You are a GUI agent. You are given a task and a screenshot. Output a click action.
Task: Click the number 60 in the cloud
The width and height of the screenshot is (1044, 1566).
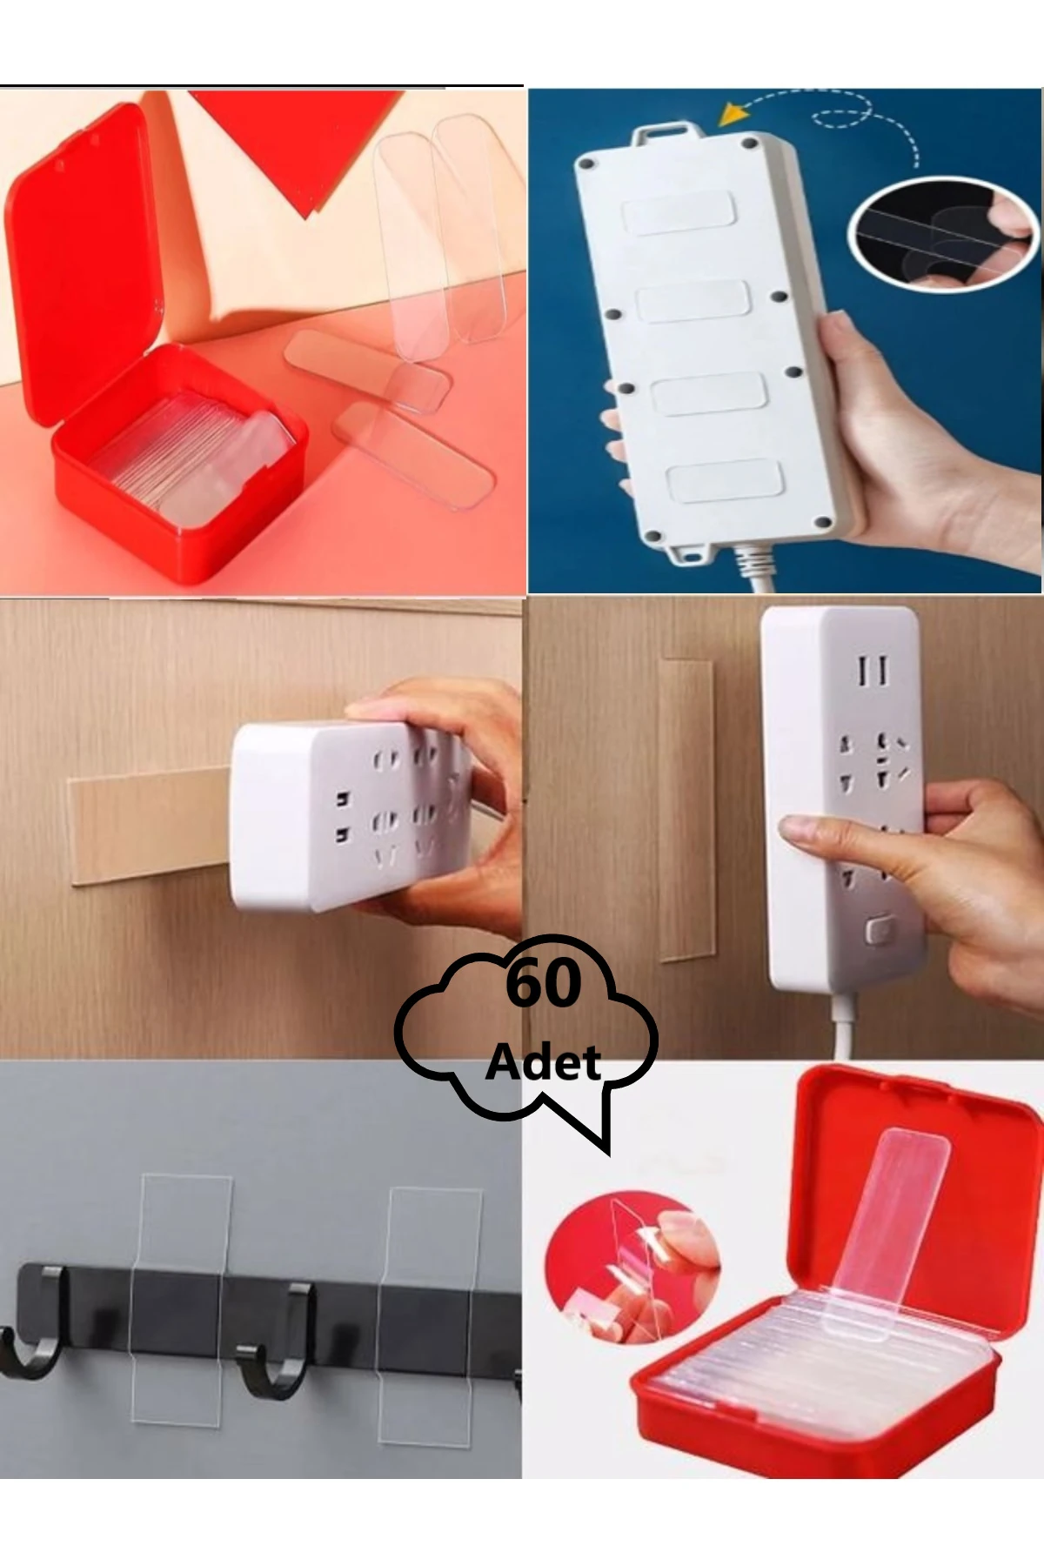[x=543, y=984]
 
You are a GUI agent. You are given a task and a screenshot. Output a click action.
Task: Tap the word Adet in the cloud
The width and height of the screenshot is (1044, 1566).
[x=544, y=1062]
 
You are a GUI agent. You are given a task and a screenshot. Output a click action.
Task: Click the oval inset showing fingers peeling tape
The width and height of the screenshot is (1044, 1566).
[x=944, y=233]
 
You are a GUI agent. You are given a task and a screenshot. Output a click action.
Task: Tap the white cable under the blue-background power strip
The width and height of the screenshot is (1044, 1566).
[x=753, y=570]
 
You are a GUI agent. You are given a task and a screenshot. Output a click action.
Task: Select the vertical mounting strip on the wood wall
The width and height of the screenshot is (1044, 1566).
[x=686, y=809]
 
